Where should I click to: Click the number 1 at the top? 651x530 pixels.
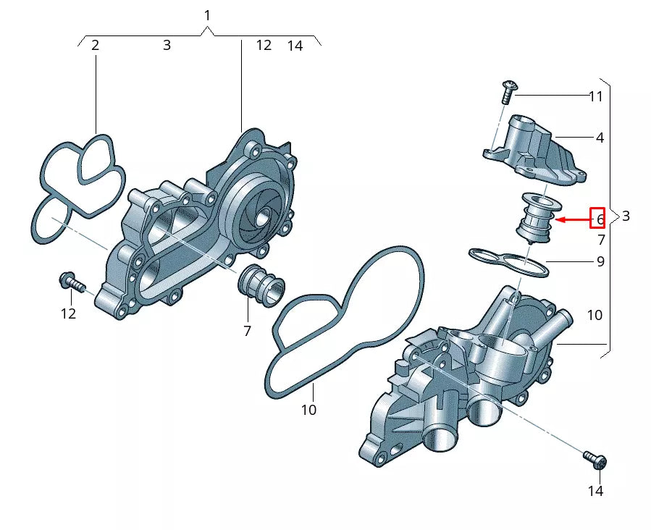click(x=208, y=15)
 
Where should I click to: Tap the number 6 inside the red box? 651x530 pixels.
click(x=600, y=218)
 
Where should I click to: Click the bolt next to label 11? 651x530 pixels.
click(x=508, y=91)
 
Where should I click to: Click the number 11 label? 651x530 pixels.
click(x=595, y=96)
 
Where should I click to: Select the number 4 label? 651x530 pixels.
click(x=600, y=137)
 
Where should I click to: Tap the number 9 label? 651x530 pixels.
click(x=600, y=261)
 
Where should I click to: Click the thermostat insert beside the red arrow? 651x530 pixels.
click(x=535, y=216)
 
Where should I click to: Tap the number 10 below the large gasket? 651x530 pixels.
click(x=308, y=410)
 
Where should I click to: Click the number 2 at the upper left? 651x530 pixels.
click(x=95, y=45)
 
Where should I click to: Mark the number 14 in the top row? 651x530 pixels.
click(x=295, y=46)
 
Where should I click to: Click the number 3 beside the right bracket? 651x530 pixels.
click(x=626, y=216)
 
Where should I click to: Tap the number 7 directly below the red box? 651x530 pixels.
click(x=601, y=239)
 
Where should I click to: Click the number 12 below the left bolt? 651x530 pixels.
click(x=67, y=314)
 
